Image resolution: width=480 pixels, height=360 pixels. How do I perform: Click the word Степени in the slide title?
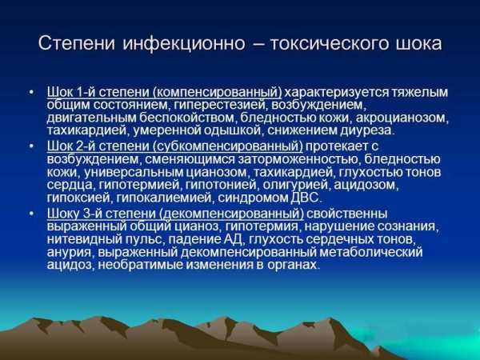click(77, 43)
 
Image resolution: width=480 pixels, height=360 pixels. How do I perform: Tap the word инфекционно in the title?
click(184, 43)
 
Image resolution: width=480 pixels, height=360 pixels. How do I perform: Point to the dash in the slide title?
click(258, 44)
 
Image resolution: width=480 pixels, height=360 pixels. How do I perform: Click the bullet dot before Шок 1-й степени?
click(30, 91)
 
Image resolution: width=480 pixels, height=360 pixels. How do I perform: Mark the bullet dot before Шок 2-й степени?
click(30, 146)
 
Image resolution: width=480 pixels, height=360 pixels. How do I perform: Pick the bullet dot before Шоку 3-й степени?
click(30, 213)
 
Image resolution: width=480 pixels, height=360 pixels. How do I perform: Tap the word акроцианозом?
click(402, 118)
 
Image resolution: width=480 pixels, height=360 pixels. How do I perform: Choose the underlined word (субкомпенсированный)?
click(229, 146)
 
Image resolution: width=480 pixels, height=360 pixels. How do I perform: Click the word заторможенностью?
click(298, 159)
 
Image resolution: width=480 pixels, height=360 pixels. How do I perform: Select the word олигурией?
click(295, 185)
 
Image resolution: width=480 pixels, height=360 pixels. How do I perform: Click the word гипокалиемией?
click(164, 198)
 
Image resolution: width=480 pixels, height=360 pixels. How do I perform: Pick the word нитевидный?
click(84, 239)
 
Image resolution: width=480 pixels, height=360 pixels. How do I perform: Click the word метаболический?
click(371, 252)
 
